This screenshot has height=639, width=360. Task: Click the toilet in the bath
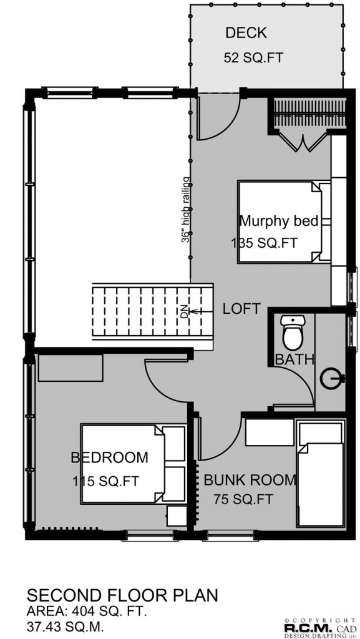pyautogui.click(x=293, y=332)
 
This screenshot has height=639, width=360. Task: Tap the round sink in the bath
pyautogui.click(x=332, y=379)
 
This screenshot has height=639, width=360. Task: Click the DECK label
pyautogui.click(x=246, y=33)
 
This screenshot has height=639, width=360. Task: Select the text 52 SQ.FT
pyautogui.click(x=253, y=58)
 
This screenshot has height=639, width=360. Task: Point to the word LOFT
pyautogui.click(x=241, y=308)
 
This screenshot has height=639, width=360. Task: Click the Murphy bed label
pyautogui.click(x=279, y=221)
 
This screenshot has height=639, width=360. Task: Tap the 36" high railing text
pyautogui.click(x=186, y=210)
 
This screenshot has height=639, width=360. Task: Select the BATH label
pyautogui.click(x=294, y=359)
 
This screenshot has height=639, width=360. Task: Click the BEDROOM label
pyautogui.click(x=110, y=457)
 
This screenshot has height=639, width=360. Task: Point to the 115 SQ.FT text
pyautogui.click(x=106, y=481)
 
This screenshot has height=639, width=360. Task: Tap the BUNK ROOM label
pyautogui.click(x=250, y=480)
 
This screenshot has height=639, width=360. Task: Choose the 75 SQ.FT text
pyautogui.click(x=243, y=499)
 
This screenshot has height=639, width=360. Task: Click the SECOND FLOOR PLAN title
pyautogui.click(x=122, y=595)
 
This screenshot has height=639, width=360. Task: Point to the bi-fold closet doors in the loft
pyautogui.click(x=302, y=141)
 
